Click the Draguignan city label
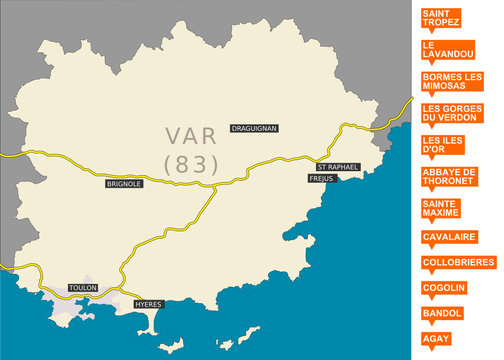pyautogui.click(x=253, y=128)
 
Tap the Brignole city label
pyautogui.click(x=123, y=184)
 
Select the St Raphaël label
pyautogui.click(x=337, y=166)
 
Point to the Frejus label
pyautogui.click(x=321, y=178)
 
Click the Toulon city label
pyautogui.click(x=82, y=287)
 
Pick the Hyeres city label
pyautogui.click(x=147, y=303)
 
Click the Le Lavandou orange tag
pyautogui.click(x=441, y=49)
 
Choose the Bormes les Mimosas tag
pyautogui.click(x=453, y=80)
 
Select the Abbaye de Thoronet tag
pyautogui.click(x=449, y=176)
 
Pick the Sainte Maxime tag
pyautogui.click(x=441, y=208)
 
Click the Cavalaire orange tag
pyautogui.click(x=449, y=236)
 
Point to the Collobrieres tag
pyautogui.click(x=459, y=262)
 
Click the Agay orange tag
pyautogui.click(x=436, y=339)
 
